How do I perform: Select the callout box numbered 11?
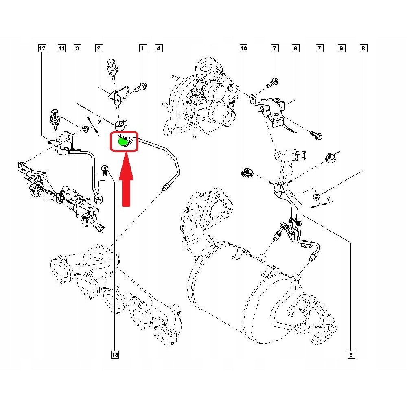61,49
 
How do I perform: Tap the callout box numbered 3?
77,49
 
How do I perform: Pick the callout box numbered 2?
98,49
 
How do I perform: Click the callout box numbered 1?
142,49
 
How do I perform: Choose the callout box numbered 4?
158,49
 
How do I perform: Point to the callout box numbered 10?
243,49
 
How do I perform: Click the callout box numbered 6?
295,49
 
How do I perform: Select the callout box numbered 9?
341,49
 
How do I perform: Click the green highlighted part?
122,141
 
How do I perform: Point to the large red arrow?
127,179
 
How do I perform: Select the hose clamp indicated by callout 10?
247,172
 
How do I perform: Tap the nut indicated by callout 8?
317,198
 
